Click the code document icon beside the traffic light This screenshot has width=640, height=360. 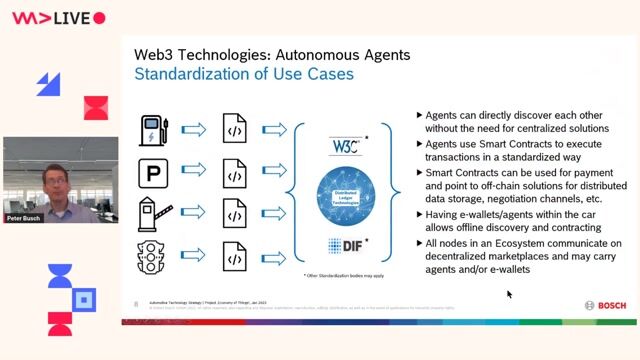click(x=235, y=257)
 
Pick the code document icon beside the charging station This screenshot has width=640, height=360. click(x=235, y=130)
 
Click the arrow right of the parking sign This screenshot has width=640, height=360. click(x=195, y=173)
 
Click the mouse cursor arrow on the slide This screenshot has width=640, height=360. click(x=509, y=294)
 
